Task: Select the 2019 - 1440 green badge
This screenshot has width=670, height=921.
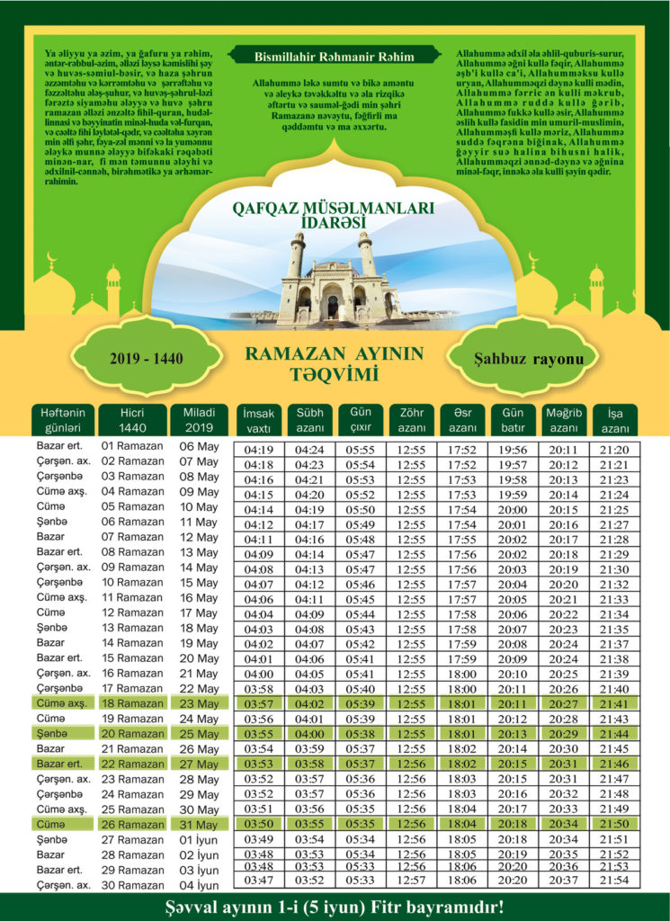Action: click(147, 358)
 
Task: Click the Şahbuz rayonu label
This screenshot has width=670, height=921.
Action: click(523, 358)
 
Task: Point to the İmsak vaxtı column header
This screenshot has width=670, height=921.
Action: click(259, 420)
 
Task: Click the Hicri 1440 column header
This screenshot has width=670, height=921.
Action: click(132, 419)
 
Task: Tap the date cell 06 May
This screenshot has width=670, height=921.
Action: click(200, 447)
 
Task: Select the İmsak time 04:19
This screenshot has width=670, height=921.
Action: click(259, 450)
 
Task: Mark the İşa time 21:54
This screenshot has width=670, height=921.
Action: click(614, 880)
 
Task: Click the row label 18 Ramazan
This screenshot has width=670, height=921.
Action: click(132, 703)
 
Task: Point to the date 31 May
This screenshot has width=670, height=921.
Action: click(200, 824)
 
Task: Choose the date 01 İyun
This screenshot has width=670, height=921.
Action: click(200, 839)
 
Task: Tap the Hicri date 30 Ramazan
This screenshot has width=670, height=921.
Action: click(132, 885)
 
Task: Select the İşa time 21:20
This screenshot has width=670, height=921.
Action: click(614, 450)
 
